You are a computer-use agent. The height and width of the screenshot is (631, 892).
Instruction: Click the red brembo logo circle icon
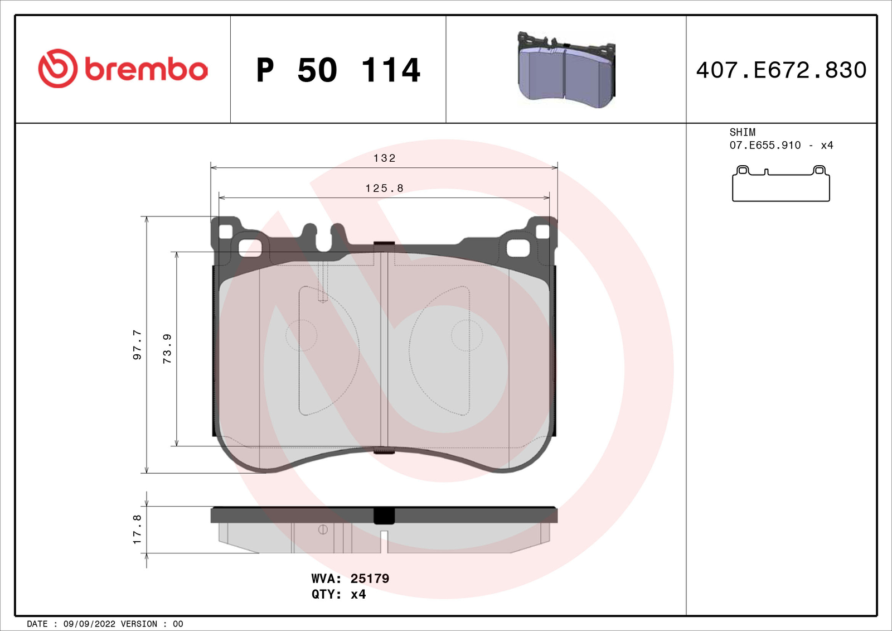click(x=57, y=69)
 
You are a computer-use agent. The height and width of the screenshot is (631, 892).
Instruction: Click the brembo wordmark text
click(x=146, y=70)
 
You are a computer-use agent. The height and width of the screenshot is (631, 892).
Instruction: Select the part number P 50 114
click(x=338, y=70)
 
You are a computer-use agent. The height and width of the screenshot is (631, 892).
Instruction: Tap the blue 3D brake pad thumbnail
click(x=566, y=71)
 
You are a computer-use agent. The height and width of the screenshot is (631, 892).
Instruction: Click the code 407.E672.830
click(x=781, y=70)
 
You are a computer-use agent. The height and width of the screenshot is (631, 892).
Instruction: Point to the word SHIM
click(x=742, y=132)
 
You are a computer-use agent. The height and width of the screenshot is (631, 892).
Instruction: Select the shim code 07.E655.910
click(x=765, y=145)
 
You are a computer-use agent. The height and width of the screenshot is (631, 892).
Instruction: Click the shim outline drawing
click(x=780, y=185)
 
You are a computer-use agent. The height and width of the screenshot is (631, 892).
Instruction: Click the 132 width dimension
click(x=384, y=158)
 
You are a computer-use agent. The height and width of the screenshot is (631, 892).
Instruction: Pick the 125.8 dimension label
click(x=384, y=189)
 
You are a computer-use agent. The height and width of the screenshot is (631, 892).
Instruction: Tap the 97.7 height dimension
click(x=137, y=345)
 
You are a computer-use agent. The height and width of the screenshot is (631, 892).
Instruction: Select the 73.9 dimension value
click(x=167, y=349)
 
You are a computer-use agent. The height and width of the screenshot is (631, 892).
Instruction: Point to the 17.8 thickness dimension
click(x=137, y=529)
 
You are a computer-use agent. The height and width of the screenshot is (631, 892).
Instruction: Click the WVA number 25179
click(x=370, y=579)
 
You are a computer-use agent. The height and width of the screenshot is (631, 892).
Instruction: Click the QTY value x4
click(x=358, y=594)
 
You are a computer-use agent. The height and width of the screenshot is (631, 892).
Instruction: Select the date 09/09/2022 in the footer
click(x=89, y=624)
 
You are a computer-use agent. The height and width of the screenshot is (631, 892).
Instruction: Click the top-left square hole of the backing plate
click(x=225, y=232)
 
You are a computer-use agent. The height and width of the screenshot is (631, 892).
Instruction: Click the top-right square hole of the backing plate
click(x=542, y=232)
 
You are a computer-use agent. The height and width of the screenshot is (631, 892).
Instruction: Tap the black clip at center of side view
click(x=384, y=516)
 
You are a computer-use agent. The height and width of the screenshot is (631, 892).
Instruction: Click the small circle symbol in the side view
click(x=323, y=529)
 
